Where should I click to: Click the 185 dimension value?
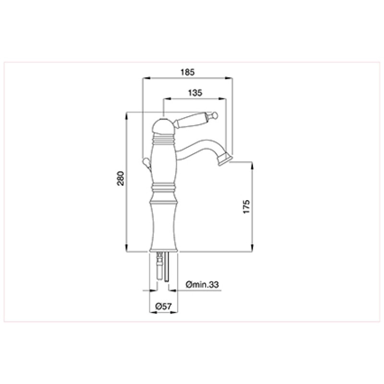[187, 72]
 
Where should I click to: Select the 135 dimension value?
[195, 93]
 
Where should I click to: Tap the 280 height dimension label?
[121, 179]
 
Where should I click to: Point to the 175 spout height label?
[246, 206]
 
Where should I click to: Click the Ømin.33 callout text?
[202, 285]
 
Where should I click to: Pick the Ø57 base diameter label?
[164, 306]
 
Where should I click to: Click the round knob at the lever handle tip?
[215, 115]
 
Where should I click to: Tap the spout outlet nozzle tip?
[225, 160]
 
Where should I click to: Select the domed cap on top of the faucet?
[163, 127]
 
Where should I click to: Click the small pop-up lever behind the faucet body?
[147, 163]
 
